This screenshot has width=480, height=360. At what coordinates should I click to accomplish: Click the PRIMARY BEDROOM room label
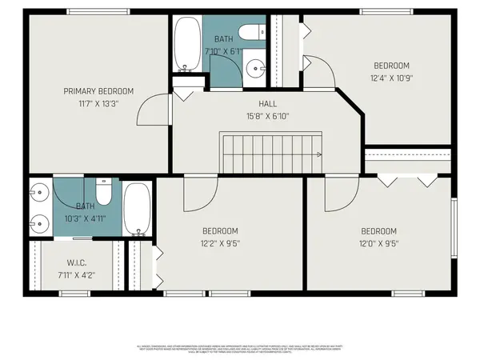[x=98, y=91]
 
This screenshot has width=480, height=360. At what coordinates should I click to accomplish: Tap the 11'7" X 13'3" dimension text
[x=98, y=103]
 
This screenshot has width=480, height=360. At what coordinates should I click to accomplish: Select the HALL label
[x=267, y=104]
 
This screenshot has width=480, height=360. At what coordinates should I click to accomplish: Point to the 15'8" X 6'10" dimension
[x=267, y=116]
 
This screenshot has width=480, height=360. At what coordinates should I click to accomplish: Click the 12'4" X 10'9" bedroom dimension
[x=391, y=78]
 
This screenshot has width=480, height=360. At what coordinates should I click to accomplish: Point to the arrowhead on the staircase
[x=318, y=154]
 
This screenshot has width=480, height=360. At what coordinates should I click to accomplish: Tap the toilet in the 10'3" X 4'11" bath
[x=103, y=194]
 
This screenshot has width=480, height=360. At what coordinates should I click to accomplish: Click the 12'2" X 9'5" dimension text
[x=220, y=243]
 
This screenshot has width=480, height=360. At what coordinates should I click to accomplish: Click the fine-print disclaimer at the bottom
[x=240, y=348]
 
